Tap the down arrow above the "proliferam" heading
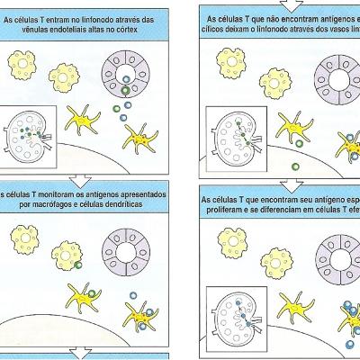(x=287, y=184)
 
